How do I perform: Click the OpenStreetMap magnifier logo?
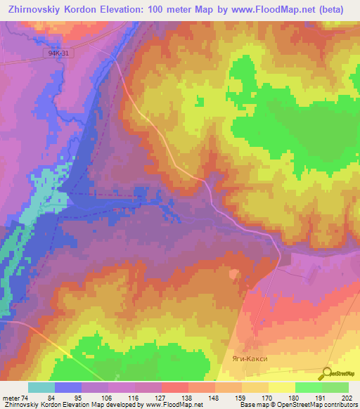click(x=326, y=374)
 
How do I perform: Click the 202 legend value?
click(x=347, y=398)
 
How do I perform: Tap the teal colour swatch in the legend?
click(x=41, y=388)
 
